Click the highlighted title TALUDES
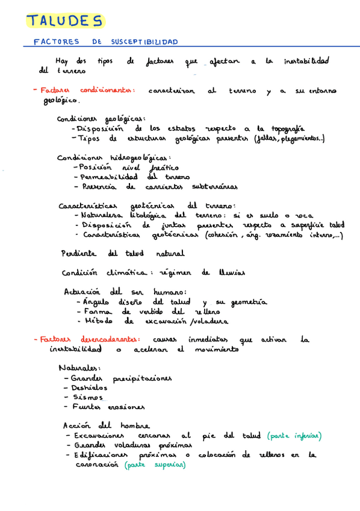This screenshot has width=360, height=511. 65,22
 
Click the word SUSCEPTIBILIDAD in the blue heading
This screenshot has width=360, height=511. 144,42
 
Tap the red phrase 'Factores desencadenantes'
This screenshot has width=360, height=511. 87,339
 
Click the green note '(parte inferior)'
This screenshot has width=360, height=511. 294,436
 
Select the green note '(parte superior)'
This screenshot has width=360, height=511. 155,466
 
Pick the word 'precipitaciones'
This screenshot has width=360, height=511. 143,378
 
